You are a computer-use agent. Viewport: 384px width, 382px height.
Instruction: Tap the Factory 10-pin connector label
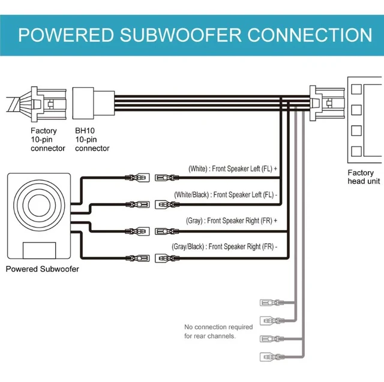pyautogui.click(x=47, y=139)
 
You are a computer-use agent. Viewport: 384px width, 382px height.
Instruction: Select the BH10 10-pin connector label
pyautogui.click(x=92, y=139)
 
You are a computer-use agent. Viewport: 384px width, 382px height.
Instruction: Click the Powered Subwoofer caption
pyautogui.click(x=42, y=269)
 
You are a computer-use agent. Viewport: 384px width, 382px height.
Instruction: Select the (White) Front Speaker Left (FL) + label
pyautogui.click(x=233, y=169)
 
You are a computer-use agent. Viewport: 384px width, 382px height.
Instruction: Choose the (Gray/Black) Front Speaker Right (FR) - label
pyautogui.click(x=225, y=247)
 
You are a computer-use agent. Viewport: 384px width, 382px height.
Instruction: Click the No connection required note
pyautogui.click(x=218, y=332)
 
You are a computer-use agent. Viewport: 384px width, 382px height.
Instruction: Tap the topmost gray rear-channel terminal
pyautogui.click(x=268, y=302)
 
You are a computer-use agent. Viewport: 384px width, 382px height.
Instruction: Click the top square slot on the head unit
pyautogui.click(x=356, y=89)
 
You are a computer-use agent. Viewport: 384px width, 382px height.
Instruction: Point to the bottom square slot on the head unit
pyautogui.click(x=356, y=151)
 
